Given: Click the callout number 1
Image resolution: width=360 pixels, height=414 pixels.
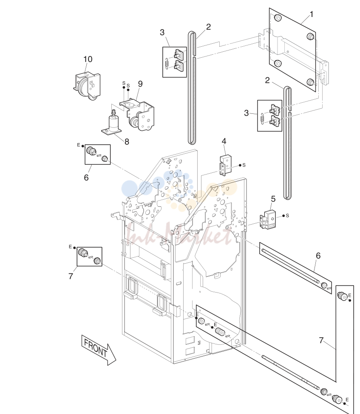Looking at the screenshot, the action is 312,14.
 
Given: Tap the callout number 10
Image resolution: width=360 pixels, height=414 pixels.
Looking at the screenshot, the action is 88,59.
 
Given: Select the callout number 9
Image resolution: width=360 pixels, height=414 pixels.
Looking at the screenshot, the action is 140,84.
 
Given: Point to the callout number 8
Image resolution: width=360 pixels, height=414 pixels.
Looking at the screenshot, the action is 127,142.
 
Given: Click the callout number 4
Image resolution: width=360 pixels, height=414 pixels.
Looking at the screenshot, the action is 224,141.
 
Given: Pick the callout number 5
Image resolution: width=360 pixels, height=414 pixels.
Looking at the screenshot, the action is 273,199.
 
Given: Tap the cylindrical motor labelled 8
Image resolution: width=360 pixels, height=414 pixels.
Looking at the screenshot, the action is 113,123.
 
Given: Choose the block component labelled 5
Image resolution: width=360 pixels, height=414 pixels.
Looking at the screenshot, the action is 267,219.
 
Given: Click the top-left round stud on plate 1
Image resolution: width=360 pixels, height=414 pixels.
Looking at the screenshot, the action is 277,18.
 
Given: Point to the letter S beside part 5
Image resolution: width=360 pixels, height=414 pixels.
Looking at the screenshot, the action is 287,216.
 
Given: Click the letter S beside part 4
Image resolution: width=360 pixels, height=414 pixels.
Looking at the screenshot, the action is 244,165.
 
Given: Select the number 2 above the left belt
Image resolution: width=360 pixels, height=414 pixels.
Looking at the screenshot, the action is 208,27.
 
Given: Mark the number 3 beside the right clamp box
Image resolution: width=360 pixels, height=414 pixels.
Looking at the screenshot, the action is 247,113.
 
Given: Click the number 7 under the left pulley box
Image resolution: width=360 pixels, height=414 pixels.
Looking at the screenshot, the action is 71,276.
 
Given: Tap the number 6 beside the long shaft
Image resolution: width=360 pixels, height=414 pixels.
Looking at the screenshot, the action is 318,256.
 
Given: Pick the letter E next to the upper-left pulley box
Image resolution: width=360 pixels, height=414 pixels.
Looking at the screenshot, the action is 78,145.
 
